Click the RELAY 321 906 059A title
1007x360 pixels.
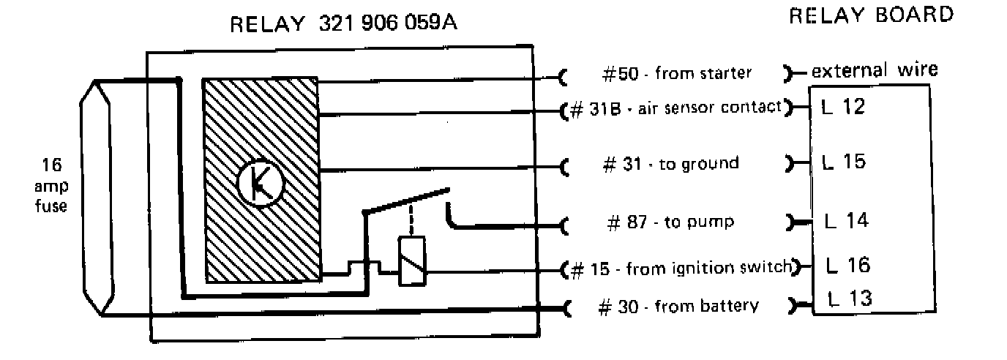pos(343,24)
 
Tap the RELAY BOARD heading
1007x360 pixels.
pos(871,15)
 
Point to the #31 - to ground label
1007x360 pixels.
pos(670,163)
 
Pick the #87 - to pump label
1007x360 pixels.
pos(671,222)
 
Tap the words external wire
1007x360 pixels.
pos(875,71)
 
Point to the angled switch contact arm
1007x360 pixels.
pos(406,202)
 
